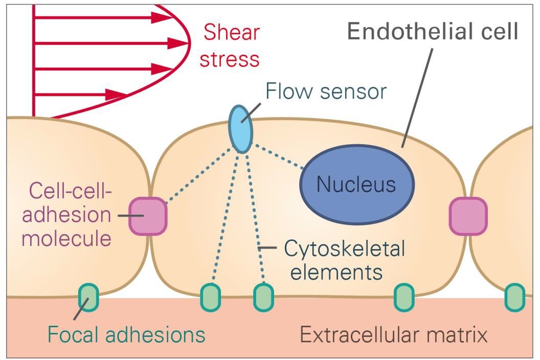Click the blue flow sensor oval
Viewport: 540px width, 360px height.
[x=240, y=128]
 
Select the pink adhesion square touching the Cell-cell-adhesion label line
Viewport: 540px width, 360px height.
[x=148, y=216]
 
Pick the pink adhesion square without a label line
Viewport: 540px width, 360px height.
[x=468, y=216]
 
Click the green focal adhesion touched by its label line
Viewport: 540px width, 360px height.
[x=88, y=298]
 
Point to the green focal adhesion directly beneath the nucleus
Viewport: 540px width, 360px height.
[x=404, y=298]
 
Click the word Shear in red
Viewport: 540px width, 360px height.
[x=231, y=33]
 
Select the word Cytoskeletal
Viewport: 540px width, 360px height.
[x=344, y=250]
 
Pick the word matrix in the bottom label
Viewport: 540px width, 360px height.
[x=457, y=335]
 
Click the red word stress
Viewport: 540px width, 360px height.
[x=230, y=59]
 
